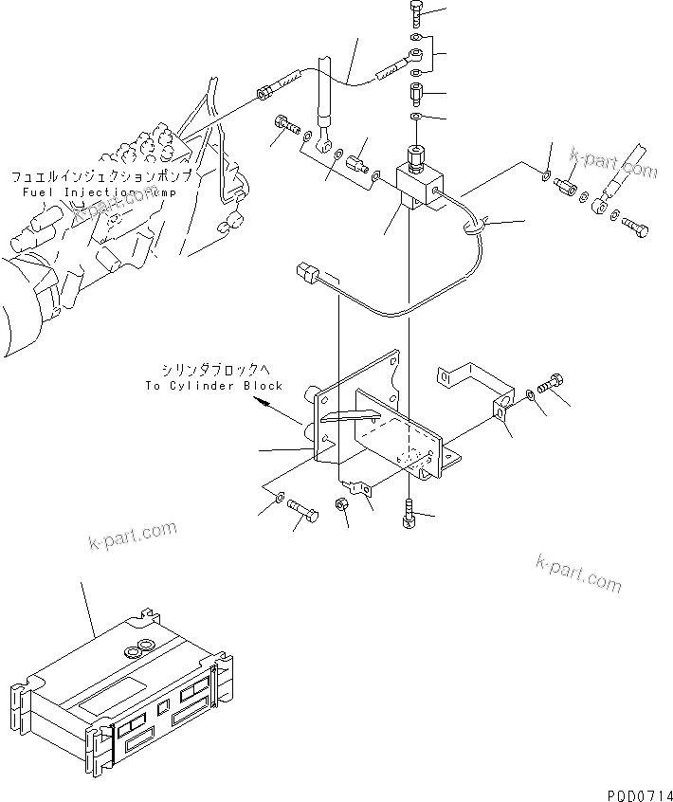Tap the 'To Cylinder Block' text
(x=213, y=386)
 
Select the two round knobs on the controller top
(x=138, y=647)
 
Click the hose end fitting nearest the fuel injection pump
(x=267, y=92)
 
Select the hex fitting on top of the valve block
(x=417, y=156)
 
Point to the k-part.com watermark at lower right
(x=578, y=573)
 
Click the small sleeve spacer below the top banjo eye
(x=417, y=96)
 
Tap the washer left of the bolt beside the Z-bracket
(x=530, y=393)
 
